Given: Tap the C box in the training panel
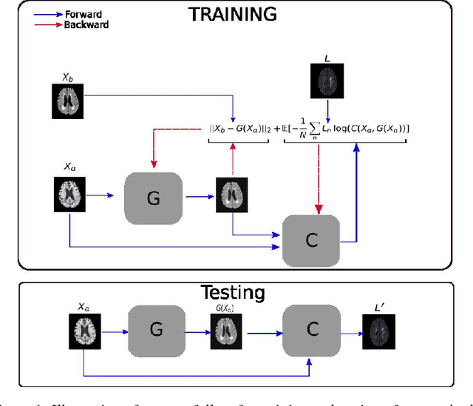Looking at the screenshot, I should coord(311,240).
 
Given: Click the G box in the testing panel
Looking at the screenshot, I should coord(155,330).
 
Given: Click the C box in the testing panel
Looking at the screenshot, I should coord(311,330).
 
